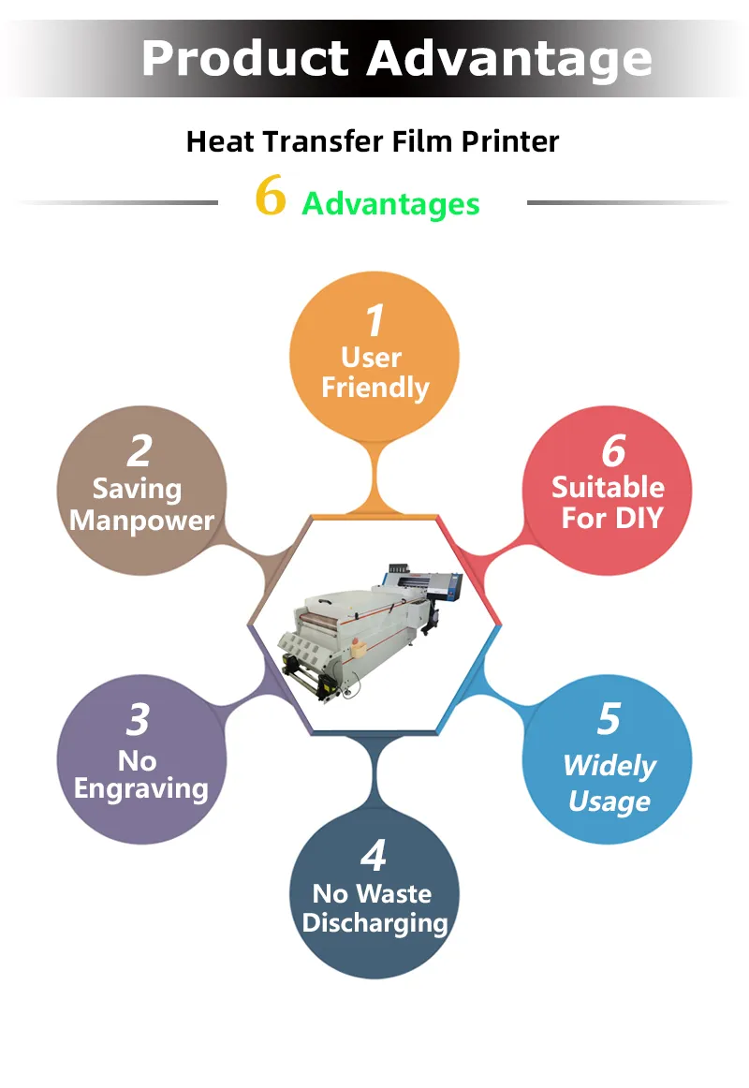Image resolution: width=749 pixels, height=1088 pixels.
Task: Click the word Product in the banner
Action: point(244,58)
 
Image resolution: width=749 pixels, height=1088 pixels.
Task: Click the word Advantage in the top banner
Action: point(509,60)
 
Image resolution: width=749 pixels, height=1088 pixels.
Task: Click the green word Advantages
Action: point(390,204)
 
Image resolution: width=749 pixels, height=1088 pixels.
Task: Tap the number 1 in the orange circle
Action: point(375,320)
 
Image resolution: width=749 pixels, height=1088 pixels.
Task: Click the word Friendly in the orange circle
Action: point(375,388)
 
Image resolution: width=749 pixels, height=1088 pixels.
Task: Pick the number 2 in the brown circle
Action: point(140,451)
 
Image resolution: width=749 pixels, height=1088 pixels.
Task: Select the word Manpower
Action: point(142,522)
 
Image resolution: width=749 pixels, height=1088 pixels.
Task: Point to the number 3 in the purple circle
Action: point(139,719)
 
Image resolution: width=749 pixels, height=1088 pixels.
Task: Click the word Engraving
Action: point(140,789)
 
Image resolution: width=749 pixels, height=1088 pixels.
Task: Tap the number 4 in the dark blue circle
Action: point(374,856)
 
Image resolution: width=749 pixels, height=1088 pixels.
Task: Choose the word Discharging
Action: point(375,923)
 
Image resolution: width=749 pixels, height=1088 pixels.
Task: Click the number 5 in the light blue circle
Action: point(609,719)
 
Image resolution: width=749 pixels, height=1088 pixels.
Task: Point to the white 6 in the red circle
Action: point(614,451)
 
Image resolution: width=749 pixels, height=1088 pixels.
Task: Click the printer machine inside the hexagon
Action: point(370,629)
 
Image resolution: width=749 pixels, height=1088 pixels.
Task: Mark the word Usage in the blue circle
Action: point(609,801)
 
